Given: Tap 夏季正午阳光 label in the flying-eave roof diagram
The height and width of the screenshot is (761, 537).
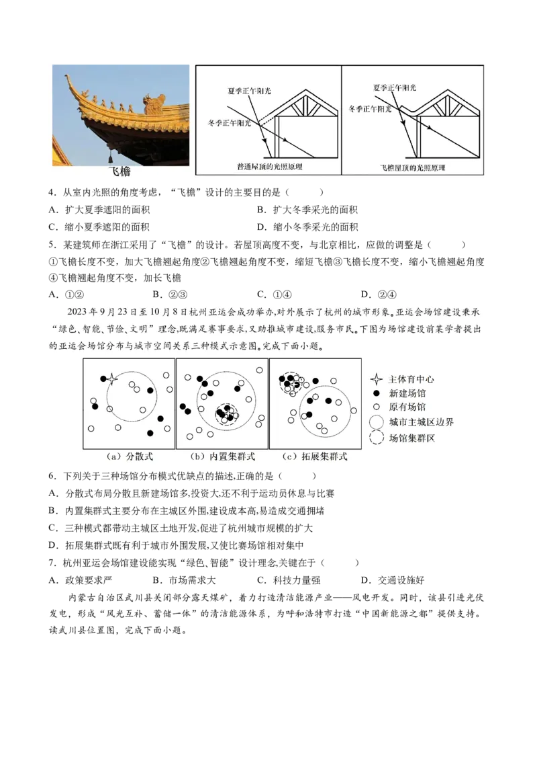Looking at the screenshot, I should [x=394, y=87].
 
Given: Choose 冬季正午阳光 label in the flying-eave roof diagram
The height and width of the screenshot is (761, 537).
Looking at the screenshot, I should [x=371, y=108].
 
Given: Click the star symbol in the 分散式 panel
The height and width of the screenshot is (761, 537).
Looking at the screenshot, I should [x=112, y=378].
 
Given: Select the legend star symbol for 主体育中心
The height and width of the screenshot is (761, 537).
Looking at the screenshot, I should [x=377, y=378].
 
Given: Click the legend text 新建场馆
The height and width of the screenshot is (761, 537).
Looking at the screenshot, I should [x=407, y=393].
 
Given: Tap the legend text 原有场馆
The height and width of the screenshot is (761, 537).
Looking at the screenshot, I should [x=407, y=407].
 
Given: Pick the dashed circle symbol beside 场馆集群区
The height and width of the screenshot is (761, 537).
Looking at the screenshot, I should [x=377, y=438].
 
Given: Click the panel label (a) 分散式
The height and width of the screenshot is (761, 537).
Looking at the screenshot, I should [x=130, y=456].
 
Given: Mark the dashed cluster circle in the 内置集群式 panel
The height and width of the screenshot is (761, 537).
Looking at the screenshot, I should [x=226, y=414].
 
